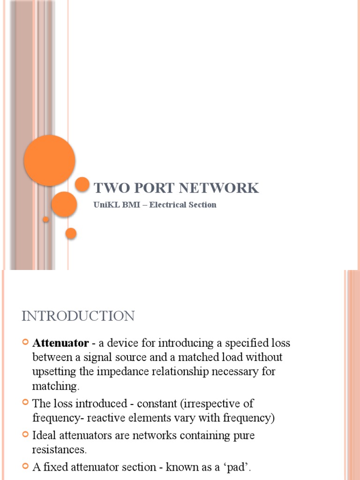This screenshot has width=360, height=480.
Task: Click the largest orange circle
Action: pyautogui.click(x=49, y=160)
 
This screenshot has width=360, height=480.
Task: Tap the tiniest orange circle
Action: pyautogui.click(x=45, y=219)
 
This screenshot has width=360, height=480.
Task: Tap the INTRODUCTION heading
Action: pyautogui.click(x=78, y=316)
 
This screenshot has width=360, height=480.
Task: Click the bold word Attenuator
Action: pyautogui.click(x=60, y=343)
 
